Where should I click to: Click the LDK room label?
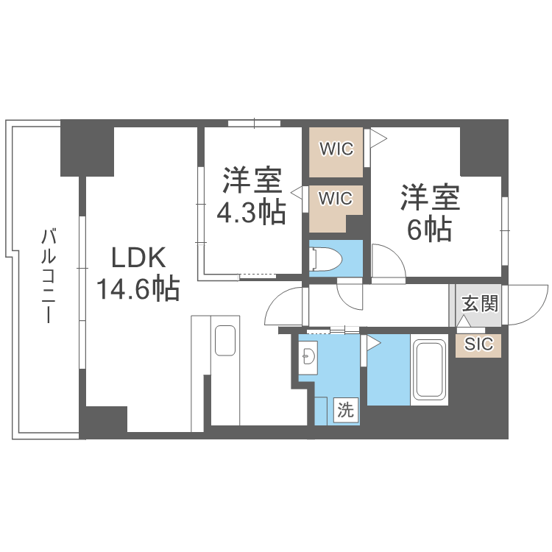pyautogui.click(x=140, y=258)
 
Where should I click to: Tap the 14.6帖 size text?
pyautogui.click(x=138, y=289)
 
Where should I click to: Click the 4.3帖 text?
pyautogui.click(x=251, y=213)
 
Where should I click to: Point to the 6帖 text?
pyautogui.click(x=429, y=230)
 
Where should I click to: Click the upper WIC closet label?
pyautogui.click(x=336, y=149)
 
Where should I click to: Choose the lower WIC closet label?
pyautogui.click(x=336, y=199)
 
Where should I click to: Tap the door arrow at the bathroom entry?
pyautogui.click(x=373, y=342)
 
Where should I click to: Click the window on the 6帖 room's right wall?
pyautogui.click(x=505, y=230)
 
